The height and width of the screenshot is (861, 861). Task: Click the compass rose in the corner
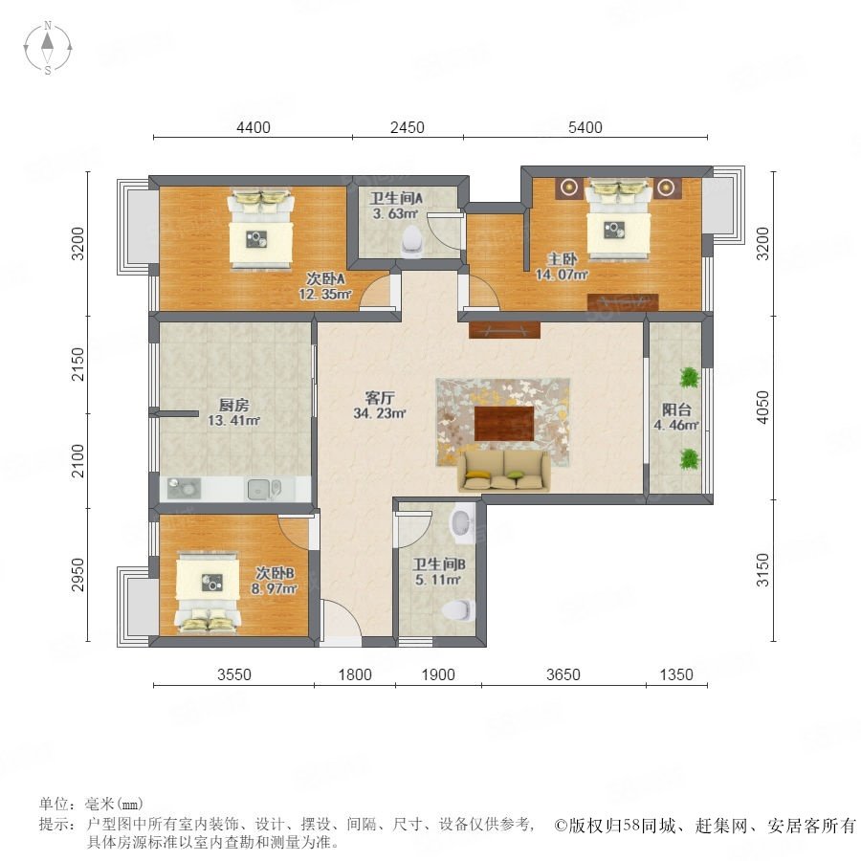[48, 47]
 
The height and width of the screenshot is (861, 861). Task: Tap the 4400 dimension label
[254, 127]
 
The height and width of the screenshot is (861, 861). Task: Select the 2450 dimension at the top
[407, 127]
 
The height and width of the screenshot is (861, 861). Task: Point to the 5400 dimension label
[585, 127]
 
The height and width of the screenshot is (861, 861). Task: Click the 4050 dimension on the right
[762, 407]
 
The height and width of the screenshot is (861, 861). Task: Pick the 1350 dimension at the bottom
[676, 674]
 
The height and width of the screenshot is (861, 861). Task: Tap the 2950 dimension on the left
[78, 575]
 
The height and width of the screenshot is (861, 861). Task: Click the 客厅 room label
[380, 397]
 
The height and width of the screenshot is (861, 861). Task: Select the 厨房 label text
[234, 406]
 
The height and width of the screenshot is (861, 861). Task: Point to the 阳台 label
[676, 409]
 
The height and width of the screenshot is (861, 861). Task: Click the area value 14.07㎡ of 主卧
[562, 274]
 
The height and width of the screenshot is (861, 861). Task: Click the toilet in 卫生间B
[458, 609]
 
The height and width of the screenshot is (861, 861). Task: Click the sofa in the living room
[504, 470]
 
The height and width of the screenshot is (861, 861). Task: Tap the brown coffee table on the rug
[504, 424]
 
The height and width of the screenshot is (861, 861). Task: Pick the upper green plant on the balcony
[689, 377]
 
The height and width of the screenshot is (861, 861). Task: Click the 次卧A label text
[325, 278]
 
